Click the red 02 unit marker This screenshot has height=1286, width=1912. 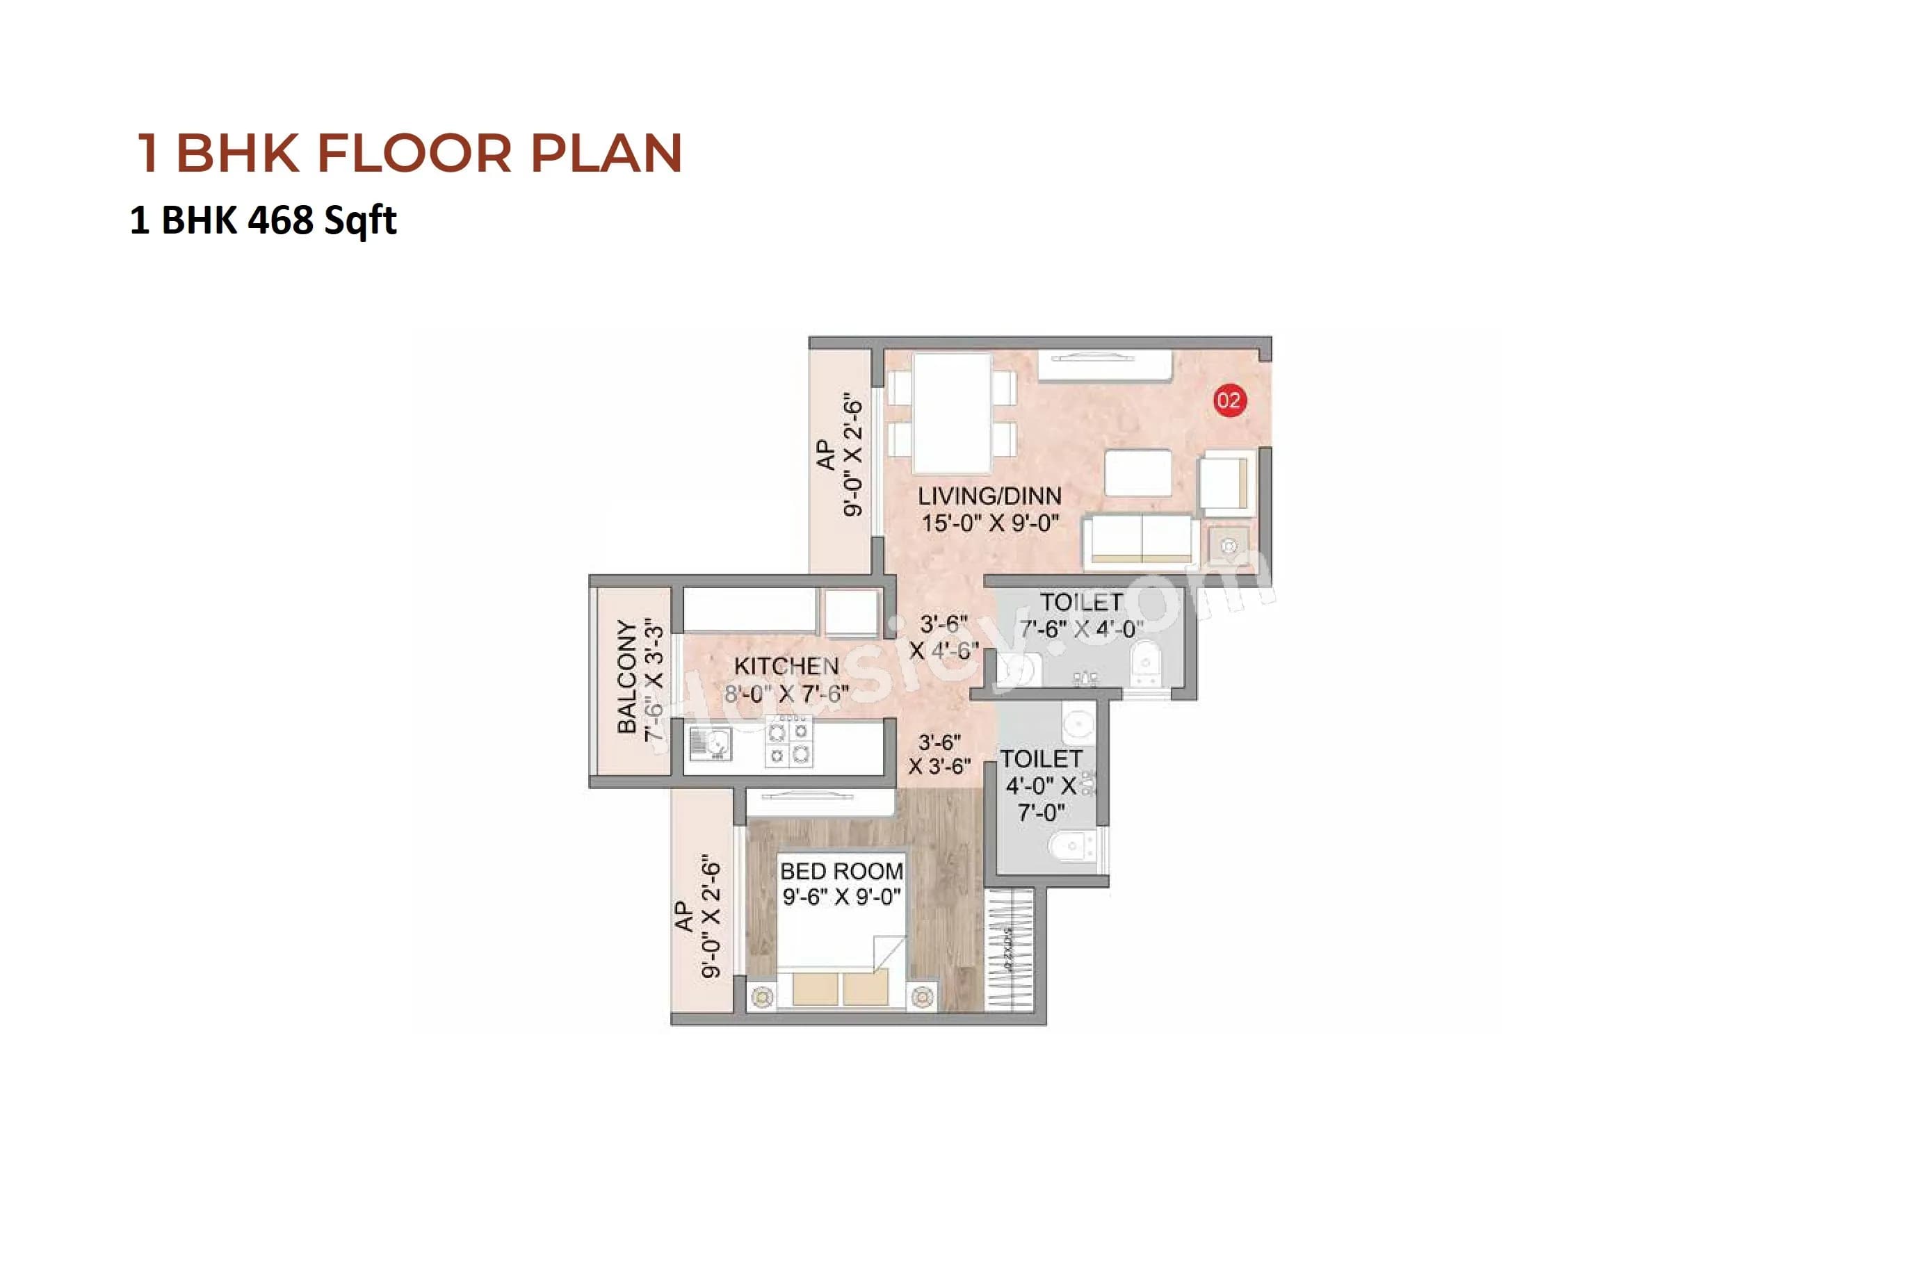pos(1228,400)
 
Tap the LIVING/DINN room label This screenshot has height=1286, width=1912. pos(989,496)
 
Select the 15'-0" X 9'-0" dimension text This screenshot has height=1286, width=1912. pos(989,523)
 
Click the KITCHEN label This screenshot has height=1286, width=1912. pos(786,666)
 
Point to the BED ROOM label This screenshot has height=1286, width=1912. pos(841,871)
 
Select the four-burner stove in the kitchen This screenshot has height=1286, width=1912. pos(788,742)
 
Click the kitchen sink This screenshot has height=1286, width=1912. pos(711,744)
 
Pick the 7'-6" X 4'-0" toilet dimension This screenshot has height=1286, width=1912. pos(1081,629)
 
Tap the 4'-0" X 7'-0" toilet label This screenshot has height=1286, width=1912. pos(1041,785)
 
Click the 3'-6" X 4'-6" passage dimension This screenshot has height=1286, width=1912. pos(943,637)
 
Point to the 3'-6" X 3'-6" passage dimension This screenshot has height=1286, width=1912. pos(939,754)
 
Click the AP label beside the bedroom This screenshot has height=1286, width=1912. pos(684,916)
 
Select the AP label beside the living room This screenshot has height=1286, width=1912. pos(826,455)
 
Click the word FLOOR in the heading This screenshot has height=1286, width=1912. pos(414,154)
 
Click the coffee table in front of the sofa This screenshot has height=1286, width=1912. pos(1137,473)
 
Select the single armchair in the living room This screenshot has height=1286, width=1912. pos(1226,483)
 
